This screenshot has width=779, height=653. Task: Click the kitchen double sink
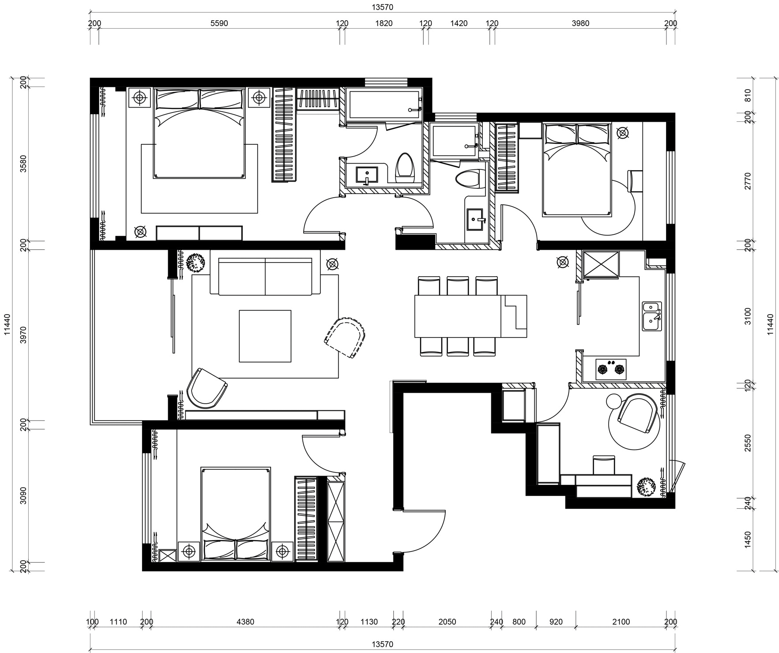[x=652, y=316]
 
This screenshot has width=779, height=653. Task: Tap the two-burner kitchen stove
[x=611, y=369]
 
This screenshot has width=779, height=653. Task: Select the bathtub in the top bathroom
[x=384, y=104]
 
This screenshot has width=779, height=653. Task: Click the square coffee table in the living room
[x=265, y=336]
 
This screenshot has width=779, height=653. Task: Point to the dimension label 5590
[x=219, y=24]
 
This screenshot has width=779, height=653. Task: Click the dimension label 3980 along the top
[x=580, y=24]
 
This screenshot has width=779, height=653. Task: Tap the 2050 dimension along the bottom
[x=448, y=622]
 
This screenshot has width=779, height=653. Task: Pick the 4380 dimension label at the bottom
[x=245, y=622]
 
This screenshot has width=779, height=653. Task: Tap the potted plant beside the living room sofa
[x=195, y=263]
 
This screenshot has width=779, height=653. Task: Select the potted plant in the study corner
[x=646, y=487]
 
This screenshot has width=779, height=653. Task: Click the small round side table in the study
[x=614, y=402]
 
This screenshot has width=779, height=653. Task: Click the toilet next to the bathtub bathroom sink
[x=405, y=168]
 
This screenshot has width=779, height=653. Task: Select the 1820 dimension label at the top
[x=384, y=24]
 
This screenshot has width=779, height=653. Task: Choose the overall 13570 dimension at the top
[x=382, y=7]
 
